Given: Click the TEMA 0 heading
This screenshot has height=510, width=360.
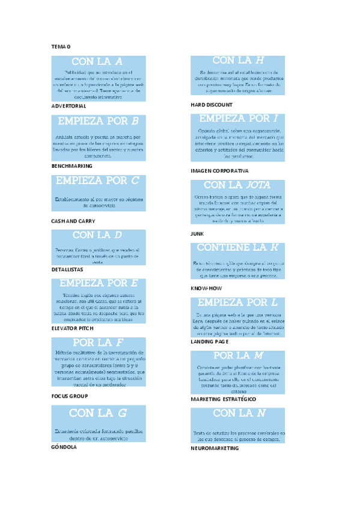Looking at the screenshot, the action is click(x=61, y=46).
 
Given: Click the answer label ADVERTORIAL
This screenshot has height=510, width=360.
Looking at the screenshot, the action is click(x=69, y=106).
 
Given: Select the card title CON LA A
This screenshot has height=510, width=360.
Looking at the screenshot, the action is click(x=97, y=61).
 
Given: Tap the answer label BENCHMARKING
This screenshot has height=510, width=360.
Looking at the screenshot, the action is click(x=72, y=165).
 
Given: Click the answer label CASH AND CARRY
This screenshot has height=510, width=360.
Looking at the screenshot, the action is click(x=73, y=221).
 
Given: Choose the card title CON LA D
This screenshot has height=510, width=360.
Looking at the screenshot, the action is click(x=97, y=235).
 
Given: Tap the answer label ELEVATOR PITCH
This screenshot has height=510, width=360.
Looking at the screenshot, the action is click(x=74, y=328).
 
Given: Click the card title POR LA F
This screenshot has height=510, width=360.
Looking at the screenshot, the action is click(x=97, y=343).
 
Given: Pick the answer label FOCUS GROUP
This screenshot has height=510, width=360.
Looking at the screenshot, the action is click(x=70, y=396).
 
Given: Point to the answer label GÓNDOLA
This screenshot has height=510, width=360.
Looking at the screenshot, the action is click(x=64, y=447).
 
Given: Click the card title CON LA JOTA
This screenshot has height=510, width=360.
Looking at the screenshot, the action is click(x=237, y=185).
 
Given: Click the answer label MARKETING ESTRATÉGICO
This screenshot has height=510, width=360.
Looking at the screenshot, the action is click(x=224, y=399).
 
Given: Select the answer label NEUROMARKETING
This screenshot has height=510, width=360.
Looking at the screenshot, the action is click(x=215, y=449).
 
